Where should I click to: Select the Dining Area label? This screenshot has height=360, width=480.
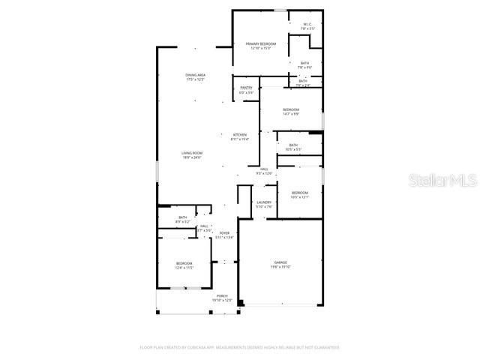point(196,76)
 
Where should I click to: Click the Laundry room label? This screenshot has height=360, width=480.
point(263,204)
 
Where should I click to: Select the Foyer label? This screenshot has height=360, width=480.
point(224,235)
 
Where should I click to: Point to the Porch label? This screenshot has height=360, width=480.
point(223,298)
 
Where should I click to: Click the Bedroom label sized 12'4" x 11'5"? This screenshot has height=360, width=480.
point(184,265)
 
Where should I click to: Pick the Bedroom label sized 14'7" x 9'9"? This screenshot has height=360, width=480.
point(291,111)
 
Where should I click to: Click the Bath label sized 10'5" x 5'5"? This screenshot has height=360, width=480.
point(293,147)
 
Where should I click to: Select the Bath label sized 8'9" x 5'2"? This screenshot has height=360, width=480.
point(183,219)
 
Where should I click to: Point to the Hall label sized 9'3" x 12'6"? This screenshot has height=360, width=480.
point(265,171)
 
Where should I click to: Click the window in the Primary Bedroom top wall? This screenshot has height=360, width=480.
point(279,10)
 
